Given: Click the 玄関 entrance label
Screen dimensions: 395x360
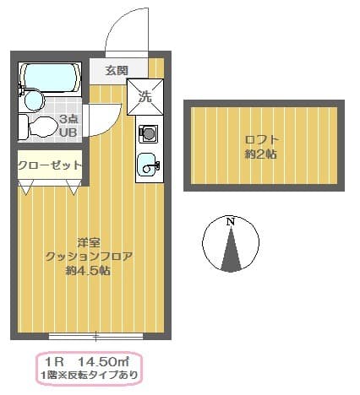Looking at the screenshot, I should click(117, 71).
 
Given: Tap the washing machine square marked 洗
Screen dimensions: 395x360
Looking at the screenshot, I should click(145, 96).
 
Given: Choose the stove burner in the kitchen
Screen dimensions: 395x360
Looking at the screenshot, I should click(148, 133).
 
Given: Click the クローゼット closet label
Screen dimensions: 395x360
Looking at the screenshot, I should click(50, 165).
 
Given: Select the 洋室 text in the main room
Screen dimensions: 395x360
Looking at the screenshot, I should click(89, 241).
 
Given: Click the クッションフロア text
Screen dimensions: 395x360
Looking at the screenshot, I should click(89, 256).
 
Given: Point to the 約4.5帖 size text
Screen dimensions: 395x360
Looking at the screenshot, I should click(89, 271).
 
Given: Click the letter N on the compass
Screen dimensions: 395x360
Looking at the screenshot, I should click(229, 221).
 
